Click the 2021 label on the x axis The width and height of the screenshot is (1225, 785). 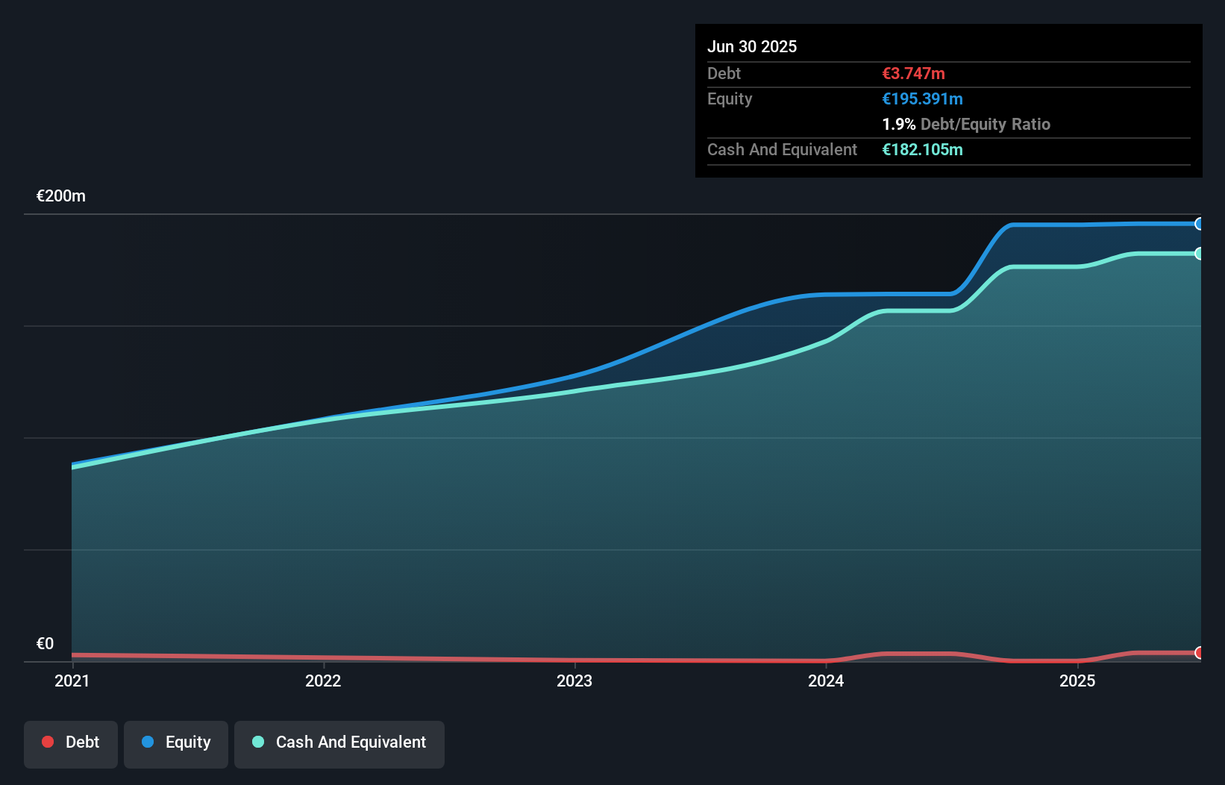(x=72, y=681)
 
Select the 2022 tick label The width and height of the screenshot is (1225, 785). (x=323, y=681)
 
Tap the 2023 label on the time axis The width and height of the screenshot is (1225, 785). (x=574, y=681)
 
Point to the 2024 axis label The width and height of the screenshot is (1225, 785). (x=826, y=681)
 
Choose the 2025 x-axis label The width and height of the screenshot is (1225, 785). (x=1077, y=681)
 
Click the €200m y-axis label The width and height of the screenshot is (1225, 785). (x=61, y=196)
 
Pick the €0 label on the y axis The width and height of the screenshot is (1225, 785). (x=46, y=643)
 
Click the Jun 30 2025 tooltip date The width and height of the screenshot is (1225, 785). (x=752, y=46)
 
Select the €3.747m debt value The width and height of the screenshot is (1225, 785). (x=913, y=74)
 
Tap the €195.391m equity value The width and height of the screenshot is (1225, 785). (x=922, y=99)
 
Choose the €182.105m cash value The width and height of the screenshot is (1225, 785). (x=922, y=150)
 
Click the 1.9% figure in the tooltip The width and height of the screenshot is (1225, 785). (x=898, y=125)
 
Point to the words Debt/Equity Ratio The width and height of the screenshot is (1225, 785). (x=986, y=125)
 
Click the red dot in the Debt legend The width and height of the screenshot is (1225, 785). (x=48, y=742)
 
